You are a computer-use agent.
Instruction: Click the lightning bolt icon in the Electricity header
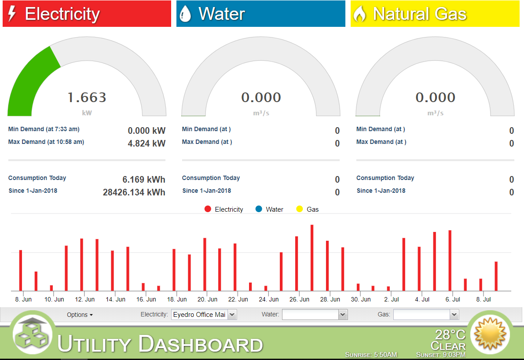coord(12,14)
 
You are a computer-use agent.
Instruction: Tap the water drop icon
coord(185,14)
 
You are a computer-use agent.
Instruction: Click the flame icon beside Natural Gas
coord(360,14)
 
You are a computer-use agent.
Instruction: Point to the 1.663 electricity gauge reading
coord(87,97)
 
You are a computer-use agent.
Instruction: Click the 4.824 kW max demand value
coord(147,143)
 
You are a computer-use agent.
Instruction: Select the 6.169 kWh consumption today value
coord(144,180)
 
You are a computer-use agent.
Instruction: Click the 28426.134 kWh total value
coord(134,192)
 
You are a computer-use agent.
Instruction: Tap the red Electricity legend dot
coord(208,209)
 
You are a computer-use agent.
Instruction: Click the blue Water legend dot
coord(259,209)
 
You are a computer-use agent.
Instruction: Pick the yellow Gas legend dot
coord(300,209)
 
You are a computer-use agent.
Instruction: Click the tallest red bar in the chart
coord(312,258)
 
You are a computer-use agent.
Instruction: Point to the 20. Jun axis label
coord(207,300)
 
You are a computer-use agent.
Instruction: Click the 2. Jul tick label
coord(391,300)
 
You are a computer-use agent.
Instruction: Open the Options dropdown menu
coord(80,315)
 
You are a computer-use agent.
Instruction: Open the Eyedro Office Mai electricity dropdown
coord(204,315)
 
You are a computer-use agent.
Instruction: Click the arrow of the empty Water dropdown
coord(343,315)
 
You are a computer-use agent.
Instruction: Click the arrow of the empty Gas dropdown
coord(454,315)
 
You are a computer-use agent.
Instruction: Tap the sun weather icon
coord(490,334)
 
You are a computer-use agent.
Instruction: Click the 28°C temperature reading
coord(450,334)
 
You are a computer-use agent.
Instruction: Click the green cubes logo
coord(32,333)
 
